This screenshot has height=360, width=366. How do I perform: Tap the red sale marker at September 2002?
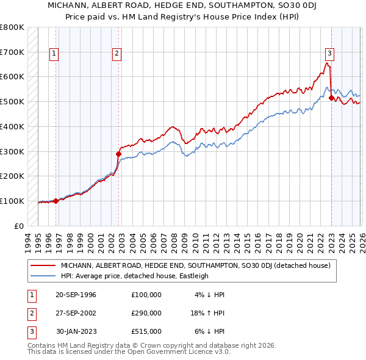118,154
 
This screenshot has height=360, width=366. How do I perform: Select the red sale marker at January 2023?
331,98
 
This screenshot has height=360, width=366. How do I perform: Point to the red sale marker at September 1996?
56,201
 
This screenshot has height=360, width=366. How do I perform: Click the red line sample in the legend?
43,265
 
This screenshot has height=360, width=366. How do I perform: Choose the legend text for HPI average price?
134,276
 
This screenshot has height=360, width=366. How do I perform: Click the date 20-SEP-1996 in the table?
76,294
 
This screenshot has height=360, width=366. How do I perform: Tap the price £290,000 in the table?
146,313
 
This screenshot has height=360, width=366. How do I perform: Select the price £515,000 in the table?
146,331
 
